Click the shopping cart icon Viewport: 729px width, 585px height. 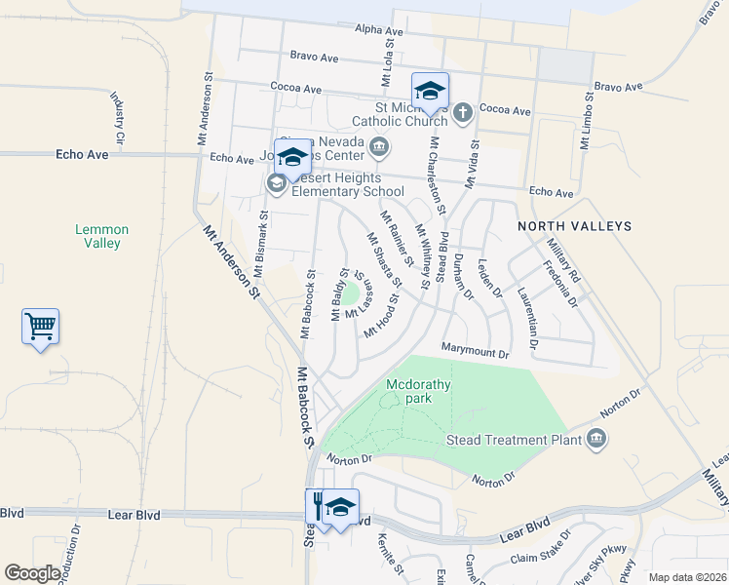[x=41, y=327]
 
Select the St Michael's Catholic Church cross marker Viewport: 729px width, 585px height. [x=462, y=112]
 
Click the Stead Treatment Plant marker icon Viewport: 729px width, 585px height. [x=596, y=440]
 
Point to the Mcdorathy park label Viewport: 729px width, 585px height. [x=418, y=390]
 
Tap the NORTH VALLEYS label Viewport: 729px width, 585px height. [x=574, y=226]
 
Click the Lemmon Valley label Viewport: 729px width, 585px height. [x=102, y=236]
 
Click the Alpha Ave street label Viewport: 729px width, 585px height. [x=379, y=31]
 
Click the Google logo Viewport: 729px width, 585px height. [x=33, y=573]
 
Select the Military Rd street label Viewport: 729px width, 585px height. [x=563, y=260]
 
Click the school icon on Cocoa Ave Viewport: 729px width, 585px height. [x=430, y=91]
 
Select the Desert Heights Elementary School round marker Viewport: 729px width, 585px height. [x=276, y=183]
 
